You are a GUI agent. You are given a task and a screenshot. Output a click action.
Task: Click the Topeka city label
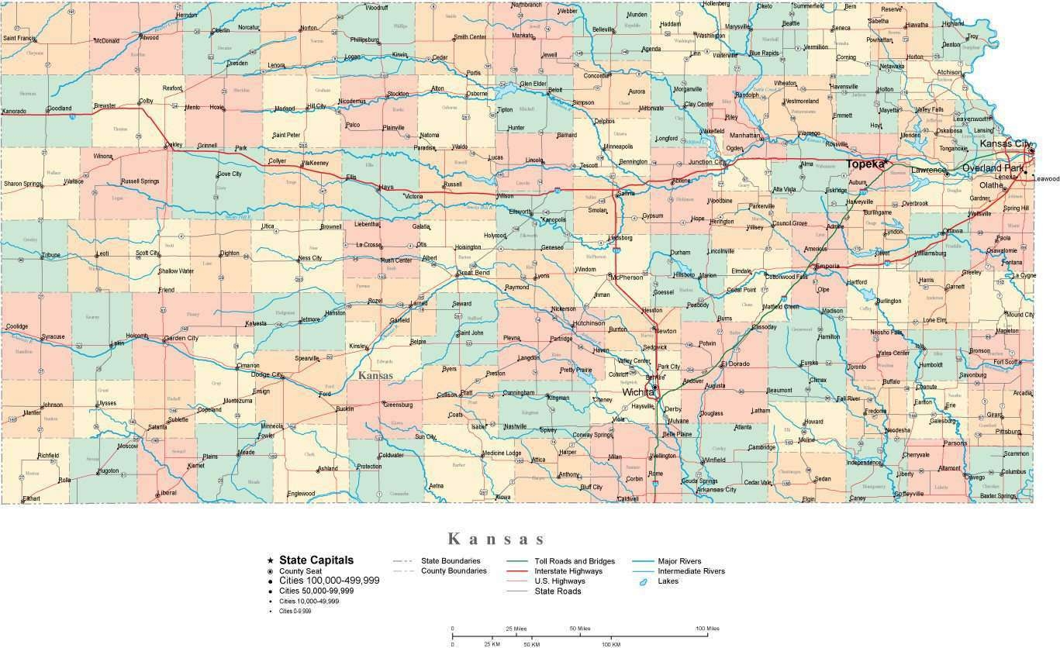(x=865, y=164)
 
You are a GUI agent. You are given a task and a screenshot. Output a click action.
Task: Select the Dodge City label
(x=267, y=374)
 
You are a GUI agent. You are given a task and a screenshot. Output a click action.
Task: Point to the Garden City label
(x=181, y=338)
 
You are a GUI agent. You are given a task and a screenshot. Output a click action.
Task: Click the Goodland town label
(x=59, y=108)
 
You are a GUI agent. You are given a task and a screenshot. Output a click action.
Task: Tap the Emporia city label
(x=830, y=266)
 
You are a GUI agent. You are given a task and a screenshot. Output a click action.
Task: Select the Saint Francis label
(x=19, y=38)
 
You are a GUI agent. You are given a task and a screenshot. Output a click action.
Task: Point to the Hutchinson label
(x=589, y=323)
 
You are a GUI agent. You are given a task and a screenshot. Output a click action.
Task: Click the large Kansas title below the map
(x=497, y=539)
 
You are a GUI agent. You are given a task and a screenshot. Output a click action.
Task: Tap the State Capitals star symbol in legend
(x=270, y=560)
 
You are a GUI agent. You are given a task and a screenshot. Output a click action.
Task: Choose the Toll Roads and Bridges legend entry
(x=575, y=561)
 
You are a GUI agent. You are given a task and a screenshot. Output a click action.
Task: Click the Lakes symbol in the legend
(x=643, y=581)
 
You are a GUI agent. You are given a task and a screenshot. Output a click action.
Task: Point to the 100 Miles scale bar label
(x=706, y=628)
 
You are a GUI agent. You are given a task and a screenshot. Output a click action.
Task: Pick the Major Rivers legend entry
(x=679, y=561)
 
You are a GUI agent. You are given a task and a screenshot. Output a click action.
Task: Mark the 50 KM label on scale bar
(x=531, y=644)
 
